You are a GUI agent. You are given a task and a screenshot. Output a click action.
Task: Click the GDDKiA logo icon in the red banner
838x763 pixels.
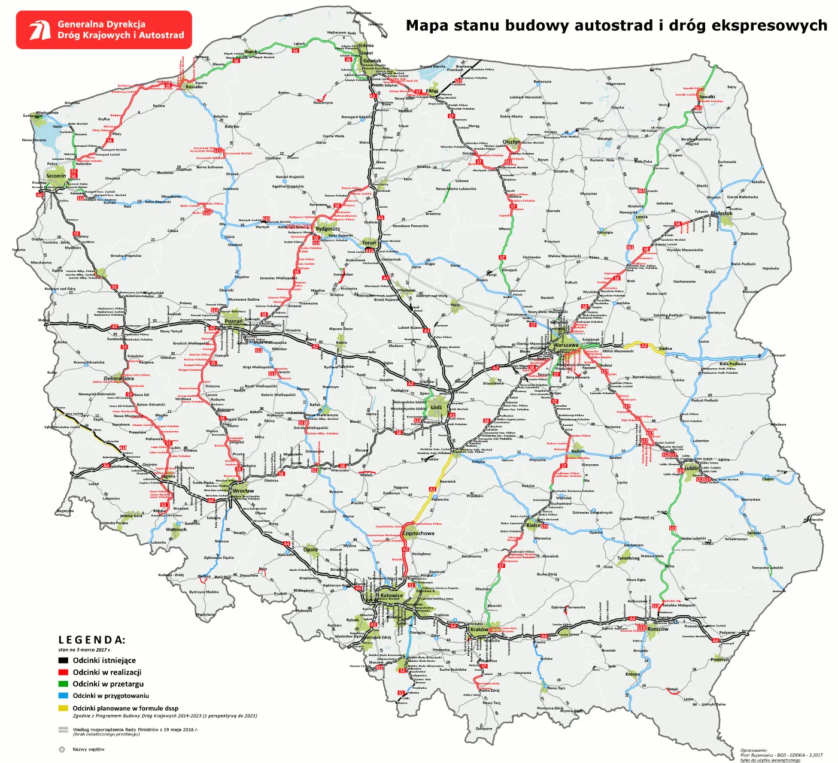click(40, 30)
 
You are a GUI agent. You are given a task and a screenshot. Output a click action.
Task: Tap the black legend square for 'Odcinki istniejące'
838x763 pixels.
click(63, 661)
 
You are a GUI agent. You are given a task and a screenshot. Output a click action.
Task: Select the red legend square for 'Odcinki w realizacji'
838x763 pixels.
click(63, 673)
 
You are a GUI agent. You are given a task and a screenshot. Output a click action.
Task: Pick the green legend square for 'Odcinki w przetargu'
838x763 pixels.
click(63, 684)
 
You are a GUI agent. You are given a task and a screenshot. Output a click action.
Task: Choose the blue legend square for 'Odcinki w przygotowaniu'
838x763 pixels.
click(63, 696)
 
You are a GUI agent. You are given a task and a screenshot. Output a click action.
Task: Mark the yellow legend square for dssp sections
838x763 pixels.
click(63, 708)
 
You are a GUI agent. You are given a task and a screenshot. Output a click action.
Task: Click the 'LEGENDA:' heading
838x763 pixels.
click(92, 640)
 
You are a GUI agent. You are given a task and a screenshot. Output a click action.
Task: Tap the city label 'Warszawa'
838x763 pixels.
click(566, 345)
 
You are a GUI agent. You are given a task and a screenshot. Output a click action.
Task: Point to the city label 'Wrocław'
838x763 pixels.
click(243, 491)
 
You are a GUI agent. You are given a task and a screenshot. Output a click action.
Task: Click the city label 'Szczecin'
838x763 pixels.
click(56, 176)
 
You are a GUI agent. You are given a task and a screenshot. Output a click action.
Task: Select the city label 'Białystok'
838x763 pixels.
click(721, 213)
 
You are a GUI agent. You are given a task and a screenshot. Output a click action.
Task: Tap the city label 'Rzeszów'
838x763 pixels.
click(658, 629)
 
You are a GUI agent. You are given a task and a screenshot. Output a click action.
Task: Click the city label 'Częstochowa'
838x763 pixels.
click(418, 534)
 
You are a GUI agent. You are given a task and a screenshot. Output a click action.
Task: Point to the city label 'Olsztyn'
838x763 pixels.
click(511, 142)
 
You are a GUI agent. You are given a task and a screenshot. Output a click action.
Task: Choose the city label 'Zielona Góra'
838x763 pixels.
click(119, 379)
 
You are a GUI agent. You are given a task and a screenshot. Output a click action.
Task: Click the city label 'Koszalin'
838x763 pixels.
click(194, 87)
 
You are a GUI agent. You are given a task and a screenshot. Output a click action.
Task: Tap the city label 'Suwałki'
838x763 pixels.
click(707, 97)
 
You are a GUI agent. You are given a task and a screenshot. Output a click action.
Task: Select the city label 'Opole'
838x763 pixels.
click(310, 549)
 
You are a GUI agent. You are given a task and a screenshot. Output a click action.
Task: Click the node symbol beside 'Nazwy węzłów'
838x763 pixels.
click(62, 749)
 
